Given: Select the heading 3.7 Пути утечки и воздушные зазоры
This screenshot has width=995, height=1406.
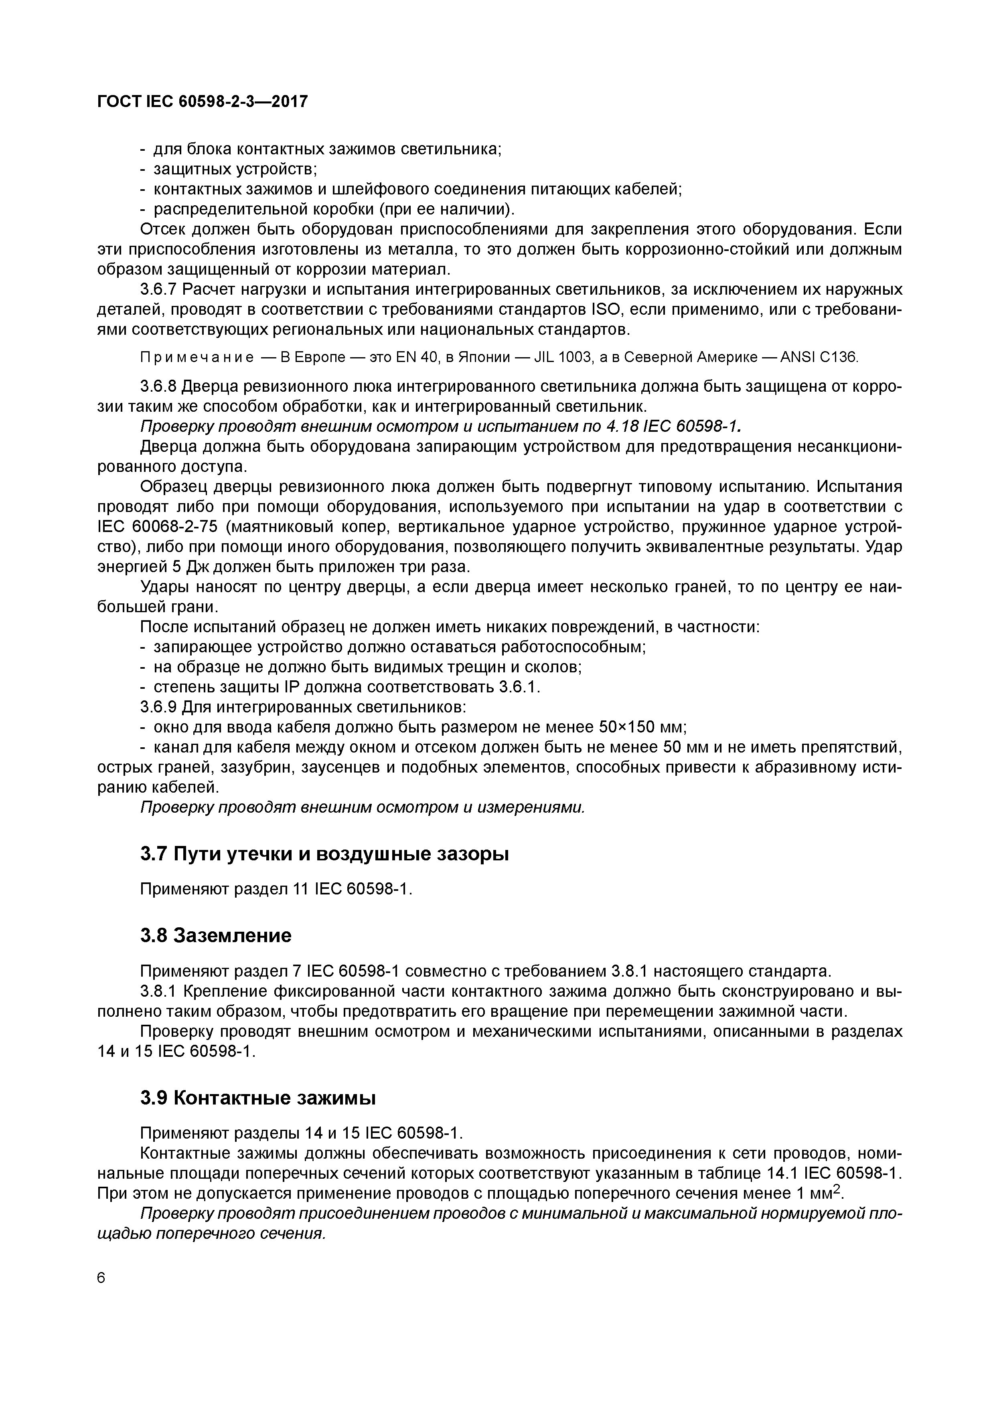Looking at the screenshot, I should (325, 854).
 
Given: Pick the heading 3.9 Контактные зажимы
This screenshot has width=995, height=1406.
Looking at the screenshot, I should (258, 1098).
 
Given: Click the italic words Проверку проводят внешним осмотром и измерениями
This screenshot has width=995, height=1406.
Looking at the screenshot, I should (363, 808).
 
